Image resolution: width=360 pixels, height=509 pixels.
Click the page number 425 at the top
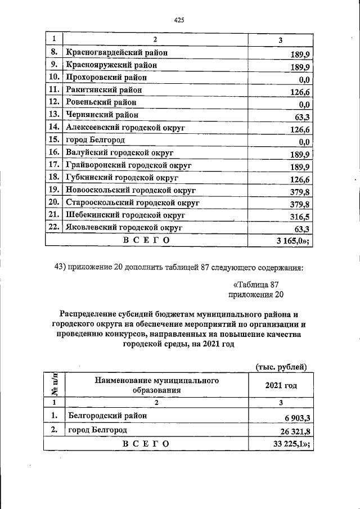[179, 20]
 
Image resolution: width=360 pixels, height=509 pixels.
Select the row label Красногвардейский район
[118, 53]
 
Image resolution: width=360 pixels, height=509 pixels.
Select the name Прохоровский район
[106, 78]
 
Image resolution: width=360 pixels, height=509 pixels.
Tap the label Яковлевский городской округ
[124, 228]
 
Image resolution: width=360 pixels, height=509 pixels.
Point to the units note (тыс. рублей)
[281, 367]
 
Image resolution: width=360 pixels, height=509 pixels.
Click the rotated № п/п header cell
[55, 385]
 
